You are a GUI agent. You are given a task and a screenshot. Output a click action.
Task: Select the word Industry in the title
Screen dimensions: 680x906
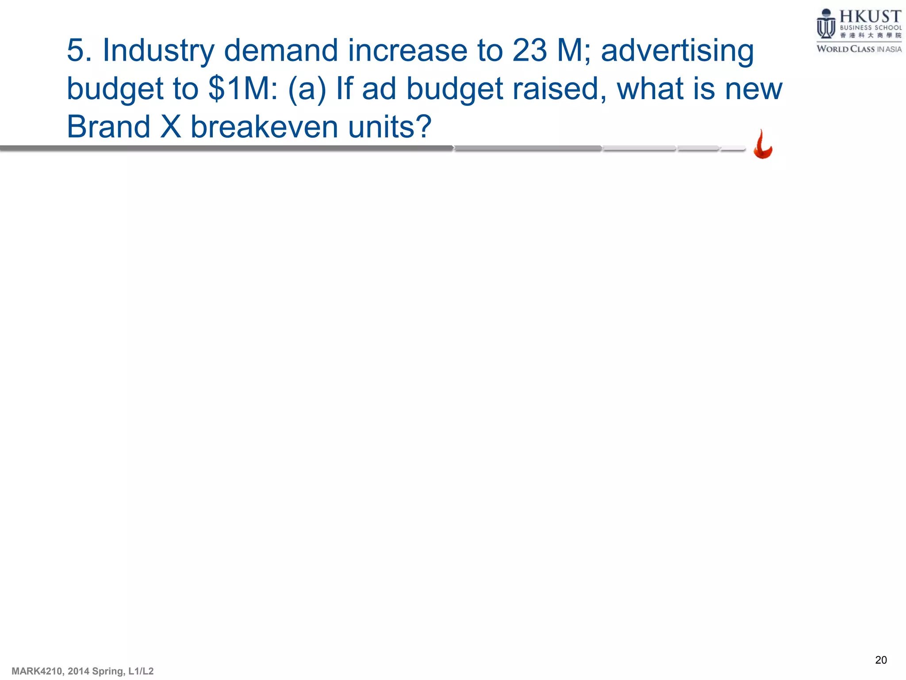pyautogui.click(x=158, y=50)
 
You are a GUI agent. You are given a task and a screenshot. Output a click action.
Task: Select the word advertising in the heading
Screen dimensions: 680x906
pyautogui.click(x=677, y=50)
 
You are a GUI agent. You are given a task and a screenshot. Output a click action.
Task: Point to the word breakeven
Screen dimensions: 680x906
pyautogui.click(x=264, y=127)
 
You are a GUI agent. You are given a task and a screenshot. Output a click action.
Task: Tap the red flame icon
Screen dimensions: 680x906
pyautogui.click(x=763, y=144)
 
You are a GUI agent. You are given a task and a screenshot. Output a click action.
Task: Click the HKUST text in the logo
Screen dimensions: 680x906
pyautogui.click(x=870, y=17)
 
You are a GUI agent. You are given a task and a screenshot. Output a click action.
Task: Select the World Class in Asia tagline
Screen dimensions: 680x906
pyautogui.click(x=859, y=49)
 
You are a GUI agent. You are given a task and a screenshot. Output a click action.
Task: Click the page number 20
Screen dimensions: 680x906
pyautogui.click(x=881, y=660)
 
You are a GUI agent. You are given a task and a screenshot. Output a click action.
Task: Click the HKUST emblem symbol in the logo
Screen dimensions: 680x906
pyautogui.click(x=825, y=24)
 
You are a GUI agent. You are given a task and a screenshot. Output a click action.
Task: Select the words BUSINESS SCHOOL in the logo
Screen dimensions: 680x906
pyautogui.click(x=870, y=27)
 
